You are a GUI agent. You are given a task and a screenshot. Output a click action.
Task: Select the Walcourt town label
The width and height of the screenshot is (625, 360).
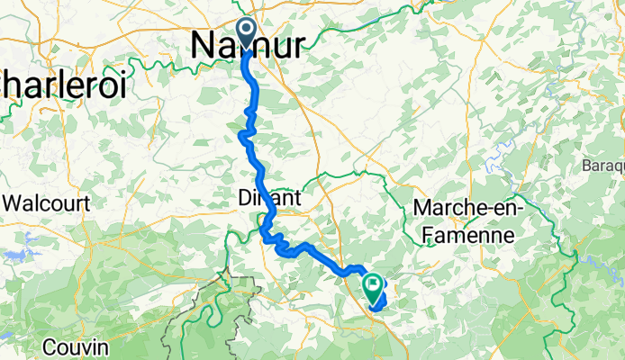click(x=47, y=203)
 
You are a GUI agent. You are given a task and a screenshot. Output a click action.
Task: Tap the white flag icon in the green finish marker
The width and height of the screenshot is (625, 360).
click(x=373, y=285)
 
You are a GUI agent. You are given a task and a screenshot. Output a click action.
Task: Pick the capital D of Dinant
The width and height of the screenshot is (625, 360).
click(x=247, y=197)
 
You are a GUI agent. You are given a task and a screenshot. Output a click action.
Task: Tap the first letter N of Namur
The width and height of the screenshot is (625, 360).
click(x=203, y=46)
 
